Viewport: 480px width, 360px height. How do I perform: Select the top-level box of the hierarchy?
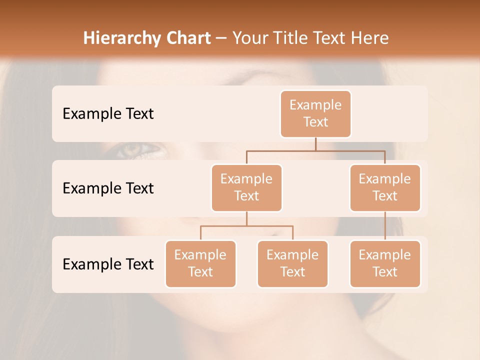[315, 113]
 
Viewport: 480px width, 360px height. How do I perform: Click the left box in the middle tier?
[246, 187]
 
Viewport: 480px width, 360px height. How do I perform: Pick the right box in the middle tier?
[385, 187]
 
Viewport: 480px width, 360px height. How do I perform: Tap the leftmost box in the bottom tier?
[200, 263]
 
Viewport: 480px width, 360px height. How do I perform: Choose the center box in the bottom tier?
[292, 263]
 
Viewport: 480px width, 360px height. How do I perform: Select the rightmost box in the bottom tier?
[385, 263]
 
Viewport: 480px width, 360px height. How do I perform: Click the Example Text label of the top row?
[108, 114]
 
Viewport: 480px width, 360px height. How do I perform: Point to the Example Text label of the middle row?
[108, 188]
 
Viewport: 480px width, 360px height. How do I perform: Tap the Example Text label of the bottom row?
[108, 264]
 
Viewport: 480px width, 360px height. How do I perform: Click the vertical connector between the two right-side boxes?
[385, 226]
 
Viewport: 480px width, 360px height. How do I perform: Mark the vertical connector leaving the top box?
[315, 144]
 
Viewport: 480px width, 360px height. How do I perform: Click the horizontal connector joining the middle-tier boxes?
[315, 150]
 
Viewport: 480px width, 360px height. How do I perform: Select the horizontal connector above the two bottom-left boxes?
[246, 226]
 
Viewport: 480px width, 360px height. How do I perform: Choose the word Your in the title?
[249, 38]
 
